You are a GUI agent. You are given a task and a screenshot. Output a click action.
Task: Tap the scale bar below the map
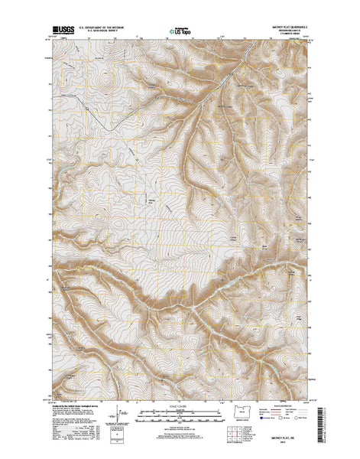[x=180, y=417]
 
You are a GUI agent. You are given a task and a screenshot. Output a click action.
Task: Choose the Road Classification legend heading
[x=287, y=408]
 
